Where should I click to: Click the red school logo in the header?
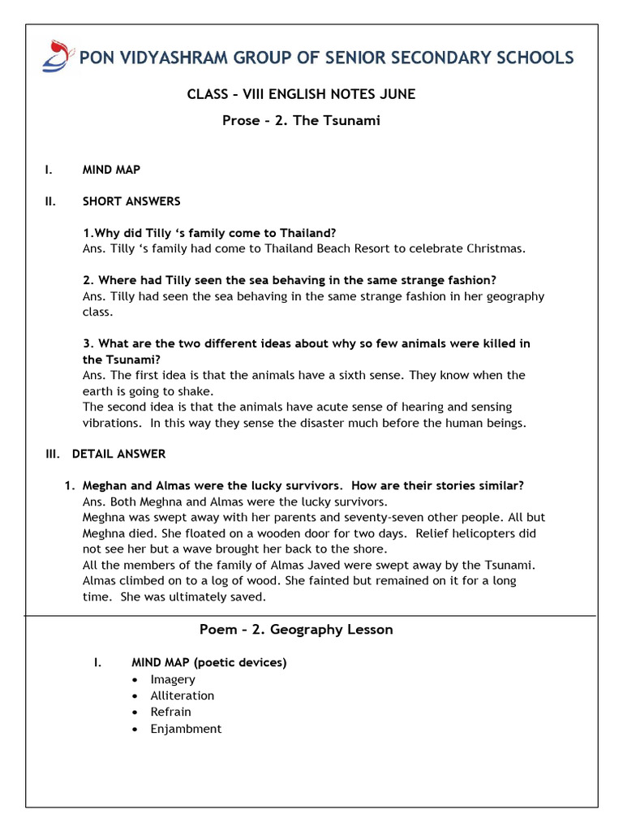57,55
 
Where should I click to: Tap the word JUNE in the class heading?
397,94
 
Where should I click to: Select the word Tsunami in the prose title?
354,121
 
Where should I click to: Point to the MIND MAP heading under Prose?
111,170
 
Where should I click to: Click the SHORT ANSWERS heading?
131,200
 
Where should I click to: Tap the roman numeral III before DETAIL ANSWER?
53,454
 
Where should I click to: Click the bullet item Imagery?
173,679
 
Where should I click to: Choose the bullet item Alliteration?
183,695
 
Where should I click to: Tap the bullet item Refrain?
171,712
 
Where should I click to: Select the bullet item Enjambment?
186,729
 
